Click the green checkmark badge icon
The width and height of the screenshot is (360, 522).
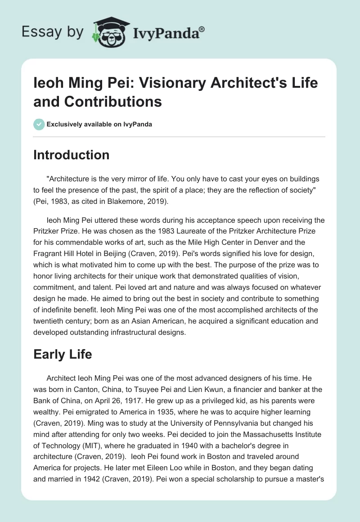pos(39,124)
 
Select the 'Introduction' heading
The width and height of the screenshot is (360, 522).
pos(72,155)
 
